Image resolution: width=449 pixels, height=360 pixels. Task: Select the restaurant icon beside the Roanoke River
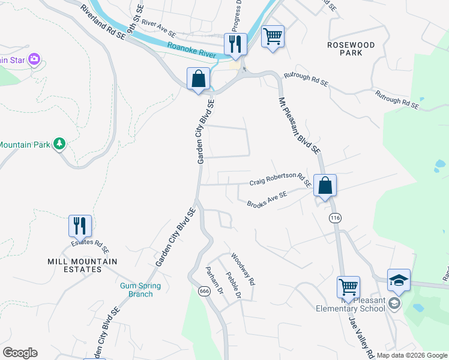[235, 44]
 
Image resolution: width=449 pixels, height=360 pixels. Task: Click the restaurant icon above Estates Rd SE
[80, 226]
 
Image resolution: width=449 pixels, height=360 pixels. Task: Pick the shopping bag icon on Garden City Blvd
[198, 79]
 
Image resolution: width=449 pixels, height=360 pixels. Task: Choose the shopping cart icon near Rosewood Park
[273, 37]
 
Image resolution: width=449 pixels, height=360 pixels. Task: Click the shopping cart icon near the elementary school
[349, 287]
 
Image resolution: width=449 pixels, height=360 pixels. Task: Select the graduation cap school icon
[399, 280]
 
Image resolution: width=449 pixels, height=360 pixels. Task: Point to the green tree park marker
[59, 143]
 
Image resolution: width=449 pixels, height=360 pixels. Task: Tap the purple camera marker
[34, 59]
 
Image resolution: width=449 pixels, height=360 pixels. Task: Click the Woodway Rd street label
[244, 268]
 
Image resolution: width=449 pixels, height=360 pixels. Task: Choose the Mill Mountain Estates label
[82, 265]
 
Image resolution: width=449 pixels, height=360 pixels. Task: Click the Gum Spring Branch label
[136, 290]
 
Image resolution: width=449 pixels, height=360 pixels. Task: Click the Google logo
[20, 353]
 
